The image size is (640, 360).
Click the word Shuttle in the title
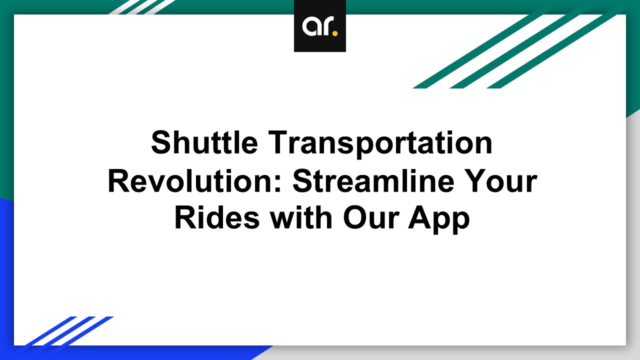(x=204, y=142)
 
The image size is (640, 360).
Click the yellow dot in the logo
(x=335, y=33)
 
